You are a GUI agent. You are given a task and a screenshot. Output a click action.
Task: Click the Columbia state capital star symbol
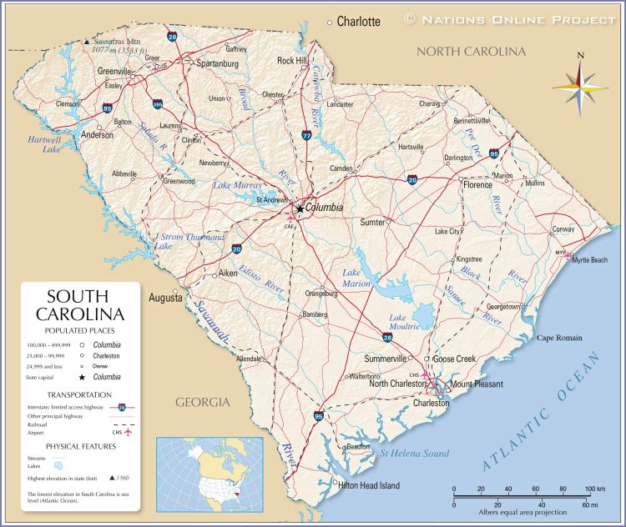pos(299,208)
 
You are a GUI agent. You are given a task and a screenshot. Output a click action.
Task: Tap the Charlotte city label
pos(358,22)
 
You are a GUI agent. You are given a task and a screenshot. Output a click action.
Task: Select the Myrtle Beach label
pos(589,260)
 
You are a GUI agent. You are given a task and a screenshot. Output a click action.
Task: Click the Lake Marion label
pos(356,279)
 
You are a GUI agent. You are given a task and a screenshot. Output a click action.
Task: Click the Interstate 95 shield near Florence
pos(495,153)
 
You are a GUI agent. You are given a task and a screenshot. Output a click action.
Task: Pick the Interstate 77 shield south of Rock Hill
pos(306,135)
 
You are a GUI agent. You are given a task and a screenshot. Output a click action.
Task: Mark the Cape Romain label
pos(558,338)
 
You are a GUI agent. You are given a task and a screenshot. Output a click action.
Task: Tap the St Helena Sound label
pos(414,454)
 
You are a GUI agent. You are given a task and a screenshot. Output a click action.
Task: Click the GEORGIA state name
pos(202,403)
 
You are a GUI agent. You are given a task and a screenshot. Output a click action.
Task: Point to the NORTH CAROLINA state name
pos(471,52)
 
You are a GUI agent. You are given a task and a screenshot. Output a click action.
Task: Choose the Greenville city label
pos(114,72)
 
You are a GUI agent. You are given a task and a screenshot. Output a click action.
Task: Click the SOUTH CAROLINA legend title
pos(80,306)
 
